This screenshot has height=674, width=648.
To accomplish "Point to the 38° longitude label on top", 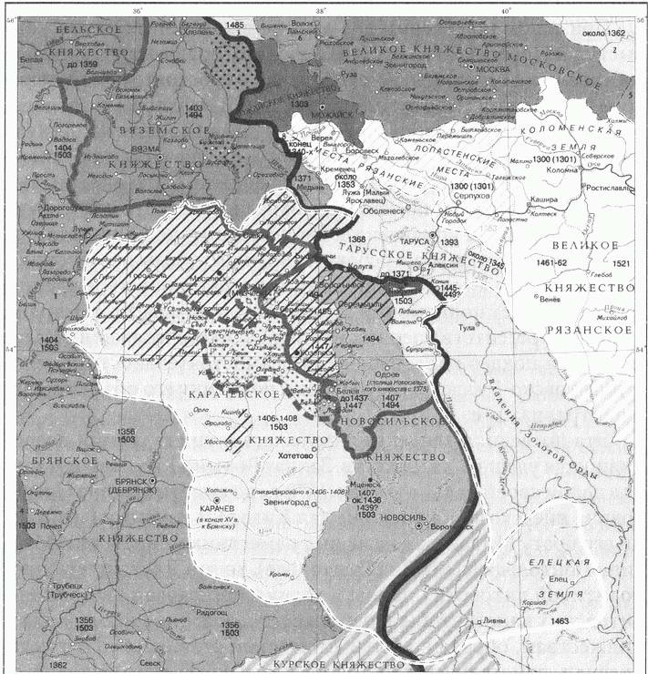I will (x=321, y=10).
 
